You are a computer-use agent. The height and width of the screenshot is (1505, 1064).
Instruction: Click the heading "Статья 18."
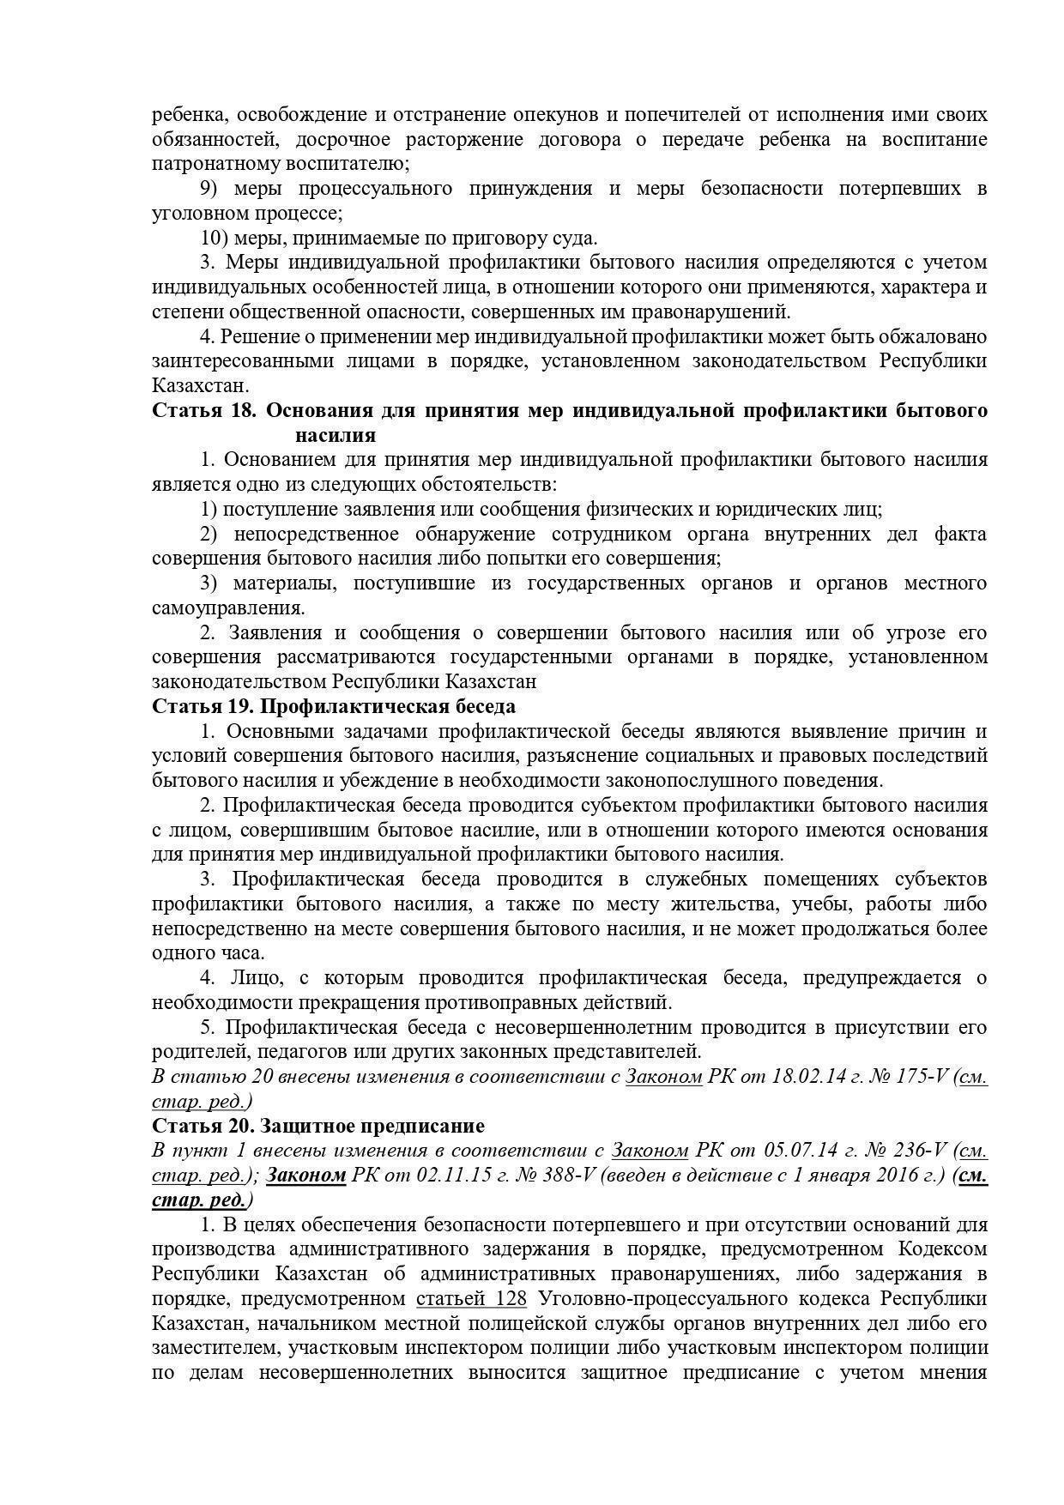(203, 410)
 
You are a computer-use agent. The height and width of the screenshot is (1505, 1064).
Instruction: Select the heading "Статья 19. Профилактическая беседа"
(334, 706)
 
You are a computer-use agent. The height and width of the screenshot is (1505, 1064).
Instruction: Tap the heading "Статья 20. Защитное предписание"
(318, 1125)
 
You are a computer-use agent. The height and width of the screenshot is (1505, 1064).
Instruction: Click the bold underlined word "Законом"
(306, 1175)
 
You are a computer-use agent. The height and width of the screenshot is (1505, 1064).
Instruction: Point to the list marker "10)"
(215, 238)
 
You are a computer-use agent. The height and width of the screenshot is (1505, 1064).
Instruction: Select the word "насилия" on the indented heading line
(336, 435)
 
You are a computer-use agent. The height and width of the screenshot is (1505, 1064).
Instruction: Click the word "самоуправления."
(228, 608)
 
